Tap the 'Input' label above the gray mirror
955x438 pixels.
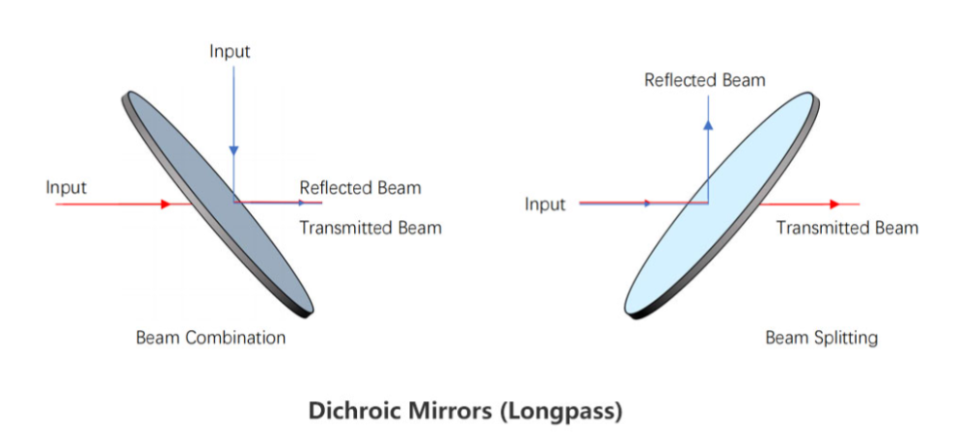[x=230, y=50]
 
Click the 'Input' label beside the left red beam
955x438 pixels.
[x=66, y=186]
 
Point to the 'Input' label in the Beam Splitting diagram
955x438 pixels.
[x=545, y=204]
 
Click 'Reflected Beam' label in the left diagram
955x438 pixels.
[x=360, y=187]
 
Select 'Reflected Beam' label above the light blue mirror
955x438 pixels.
[x=704, y=80]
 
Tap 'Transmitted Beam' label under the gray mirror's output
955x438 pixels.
[x=369, y=228]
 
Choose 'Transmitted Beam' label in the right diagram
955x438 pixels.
[x=847, y=228]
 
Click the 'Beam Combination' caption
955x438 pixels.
[x=210, y=338]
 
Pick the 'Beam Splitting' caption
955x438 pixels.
[x=822, y=338]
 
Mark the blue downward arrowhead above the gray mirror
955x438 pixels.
[x=233, y=151]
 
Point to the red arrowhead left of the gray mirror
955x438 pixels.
[x=166, y=204]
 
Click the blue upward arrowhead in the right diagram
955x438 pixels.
[x=708, y=123]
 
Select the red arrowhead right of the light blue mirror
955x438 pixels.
[x=835, y=204]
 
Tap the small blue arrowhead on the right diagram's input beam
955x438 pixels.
[x=647, y=204]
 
